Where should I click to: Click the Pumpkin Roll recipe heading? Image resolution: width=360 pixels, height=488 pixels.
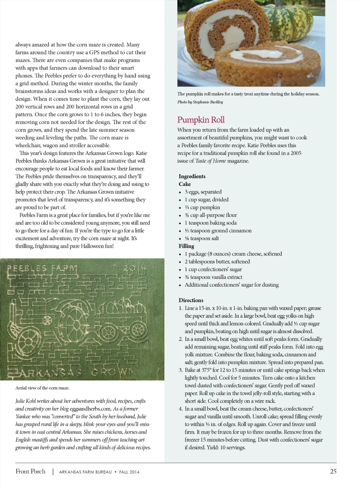[x=201, y=120]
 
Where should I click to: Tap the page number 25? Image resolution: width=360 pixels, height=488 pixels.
[x=333, y=471]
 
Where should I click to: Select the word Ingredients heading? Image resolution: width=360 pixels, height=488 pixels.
[x=192, y=176]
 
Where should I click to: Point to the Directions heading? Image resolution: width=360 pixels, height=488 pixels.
[x=191, y=300]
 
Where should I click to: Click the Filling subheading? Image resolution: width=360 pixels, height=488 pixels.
[x=186, y=246]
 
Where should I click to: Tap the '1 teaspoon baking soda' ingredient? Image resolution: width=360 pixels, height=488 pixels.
[x=211, y=223]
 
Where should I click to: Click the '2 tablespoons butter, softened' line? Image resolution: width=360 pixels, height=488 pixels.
[x=217, y=261]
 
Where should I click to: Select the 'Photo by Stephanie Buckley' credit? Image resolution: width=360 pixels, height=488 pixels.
[x=200, y=102]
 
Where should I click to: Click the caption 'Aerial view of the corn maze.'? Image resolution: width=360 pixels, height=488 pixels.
[x=42, y=388]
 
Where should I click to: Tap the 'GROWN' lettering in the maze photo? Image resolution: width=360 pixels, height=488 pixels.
[x=113, y=372]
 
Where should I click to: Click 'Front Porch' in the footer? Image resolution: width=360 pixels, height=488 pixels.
[x=31, y=471]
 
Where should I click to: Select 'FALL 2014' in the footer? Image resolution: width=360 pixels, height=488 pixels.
[x=129, y=472]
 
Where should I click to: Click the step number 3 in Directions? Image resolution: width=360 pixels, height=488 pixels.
[x=181, y=370]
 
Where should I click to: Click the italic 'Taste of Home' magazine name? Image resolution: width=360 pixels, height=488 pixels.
[x=211, y=161]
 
